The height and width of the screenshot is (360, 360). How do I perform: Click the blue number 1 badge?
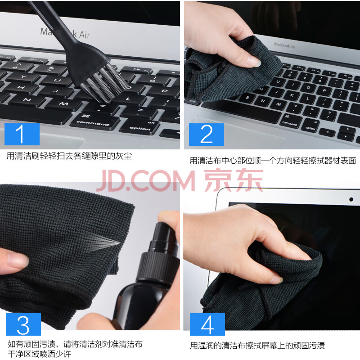click(x=22, y=134)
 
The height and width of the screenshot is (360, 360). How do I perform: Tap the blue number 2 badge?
click(x=207, y=135)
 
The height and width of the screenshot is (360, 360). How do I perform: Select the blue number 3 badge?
click(x=23, y=324)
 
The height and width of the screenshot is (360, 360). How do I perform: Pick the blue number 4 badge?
click(x=207, y=324)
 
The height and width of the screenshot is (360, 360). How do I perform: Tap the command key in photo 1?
click(x=94, y=121)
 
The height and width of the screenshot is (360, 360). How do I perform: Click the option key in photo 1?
click(x=139, y=127)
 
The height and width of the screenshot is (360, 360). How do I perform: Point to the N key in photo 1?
click(x=27, y=100)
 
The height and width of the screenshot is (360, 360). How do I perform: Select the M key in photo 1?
click(x=63, y=104)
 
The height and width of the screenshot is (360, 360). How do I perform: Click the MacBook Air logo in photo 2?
click(x=285, y=45)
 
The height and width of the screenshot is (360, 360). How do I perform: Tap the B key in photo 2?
click(x=247, y=97)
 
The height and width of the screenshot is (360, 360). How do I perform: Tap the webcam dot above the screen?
click(x=351, y=199)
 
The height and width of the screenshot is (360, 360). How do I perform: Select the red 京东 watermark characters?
click(x=234, y=180)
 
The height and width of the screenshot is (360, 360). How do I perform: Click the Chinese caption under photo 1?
click(x=69, y=156)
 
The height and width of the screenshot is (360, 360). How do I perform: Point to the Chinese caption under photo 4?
click(x=257, y=345)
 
